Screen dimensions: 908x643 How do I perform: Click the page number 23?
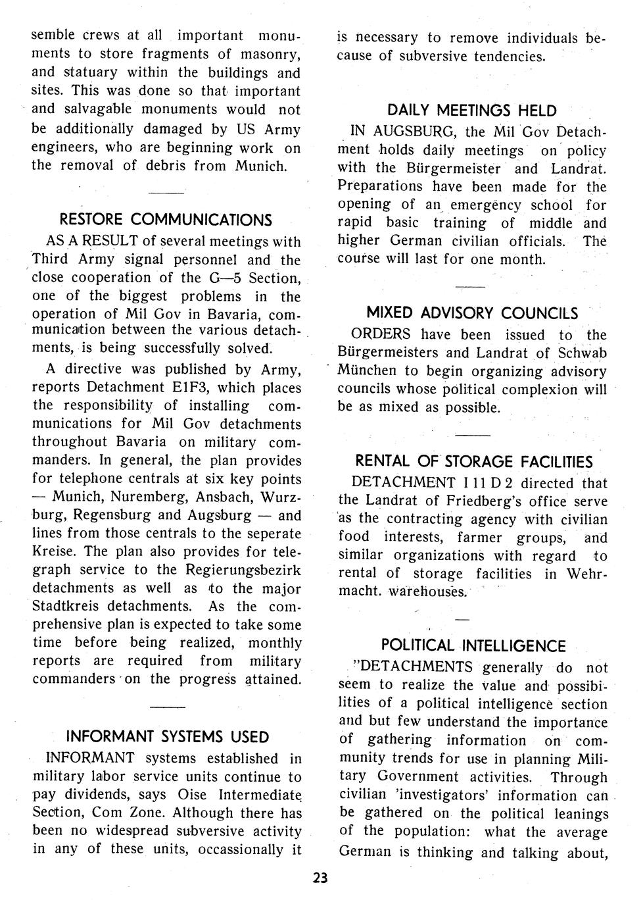pos(321,878)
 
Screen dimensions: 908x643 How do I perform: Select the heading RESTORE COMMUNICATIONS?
pos(166,219)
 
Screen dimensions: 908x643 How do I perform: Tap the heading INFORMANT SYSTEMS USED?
pos(168,736)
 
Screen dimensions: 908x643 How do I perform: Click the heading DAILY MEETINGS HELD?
pos(472,111)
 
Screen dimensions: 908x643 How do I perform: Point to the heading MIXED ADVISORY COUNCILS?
pos(472,313)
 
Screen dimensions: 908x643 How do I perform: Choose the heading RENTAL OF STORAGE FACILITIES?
pos(473,461)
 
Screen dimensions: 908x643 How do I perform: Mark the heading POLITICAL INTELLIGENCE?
pos(473,645)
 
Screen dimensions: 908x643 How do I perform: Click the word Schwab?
pos(582,353)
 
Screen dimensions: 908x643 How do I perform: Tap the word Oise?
pos(195,795)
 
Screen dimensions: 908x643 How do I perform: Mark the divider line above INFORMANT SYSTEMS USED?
pos(168,707)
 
